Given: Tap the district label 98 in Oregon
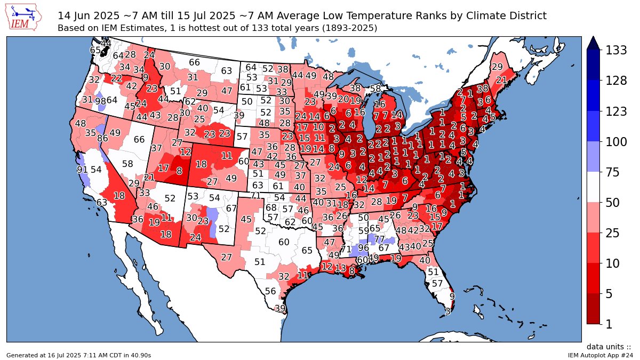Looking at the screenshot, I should point(100,101).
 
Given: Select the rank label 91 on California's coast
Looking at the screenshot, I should point(82,170).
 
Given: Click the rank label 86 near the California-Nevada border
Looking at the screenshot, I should point(103,138).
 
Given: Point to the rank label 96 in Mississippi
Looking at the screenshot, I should point(363,247).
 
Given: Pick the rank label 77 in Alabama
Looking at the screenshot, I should point(379,239).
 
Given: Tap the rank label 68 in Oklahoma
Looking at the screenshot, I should point(271,207).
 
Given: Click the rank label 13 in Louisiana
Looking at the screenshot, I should point(340,267).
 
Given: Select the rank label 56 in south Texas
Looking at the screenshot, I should point(270,291).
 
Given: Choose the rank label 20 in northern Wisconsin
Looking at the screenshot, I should point(343,99).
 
